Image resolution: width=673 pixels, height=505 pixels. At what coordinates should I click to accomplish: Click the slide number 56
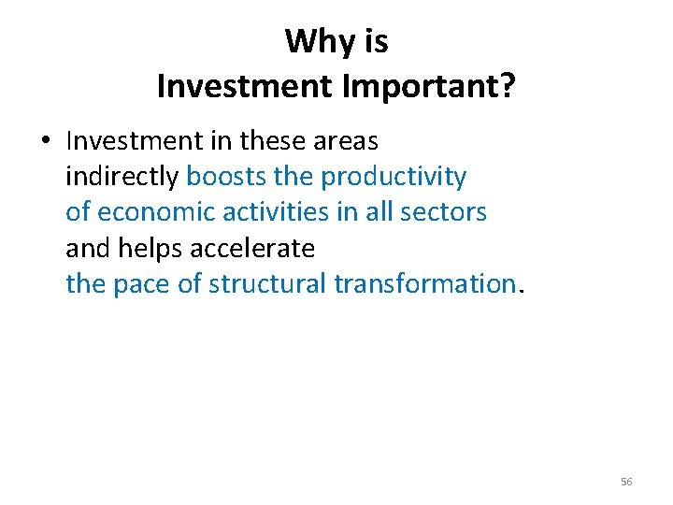(x=626, y=482)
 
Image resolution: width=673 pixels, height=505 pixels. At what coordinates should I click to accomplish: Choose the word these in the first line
(x=272, y=141)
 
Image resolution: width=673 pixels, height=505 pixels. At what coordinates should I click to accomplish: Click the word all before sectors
(x=378, y=212)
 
